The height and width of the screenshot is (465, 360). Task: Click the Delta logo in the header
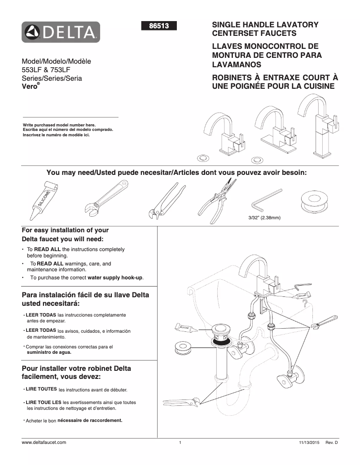click(x=61, y=32)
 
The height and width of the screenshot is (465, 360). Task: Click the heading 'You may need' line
click(x=176, y=173)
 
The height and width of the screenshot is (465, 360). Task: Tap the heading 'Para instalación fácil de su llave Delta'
click(x=85, y=299)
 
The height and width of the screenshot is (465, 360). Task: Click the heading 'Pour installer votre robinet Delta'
click(x=76, y=373)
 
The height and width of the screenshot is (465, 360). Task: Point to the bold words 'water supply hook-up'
click(x=115, y=278)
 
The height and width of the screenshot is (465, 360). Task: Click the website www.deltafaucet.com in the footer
click(x=44, y=442)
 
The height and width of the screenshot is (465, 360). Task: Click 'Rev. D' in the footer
click(x=331, y=443)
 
